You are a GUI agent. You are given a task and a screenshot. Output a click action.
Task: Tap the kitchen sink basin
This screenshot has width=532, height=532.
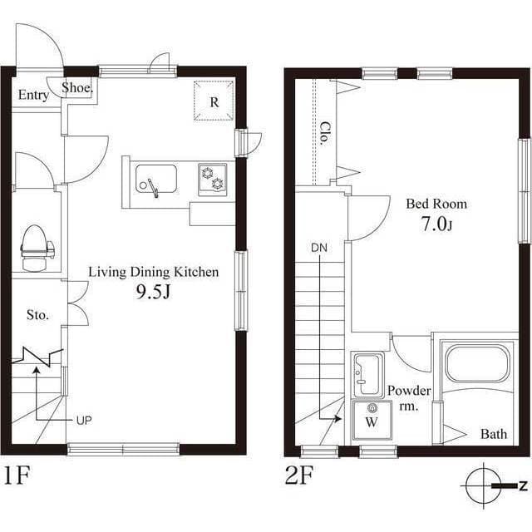pos(156,179)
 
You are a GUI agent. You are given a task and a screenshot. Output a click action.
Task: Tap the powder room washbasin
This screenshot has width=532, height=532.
pos(367,376)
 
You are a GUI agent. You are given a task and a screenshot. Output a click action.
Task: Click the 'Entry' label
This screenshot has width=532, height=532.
pos(33,96)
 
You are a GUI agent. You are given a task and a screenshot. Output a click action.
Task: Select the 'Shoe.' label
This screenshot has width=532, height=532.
pos(76,89)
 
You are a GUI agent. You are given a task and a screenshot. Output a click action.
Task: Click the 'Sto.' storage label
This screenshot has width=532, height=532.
pos(37,315)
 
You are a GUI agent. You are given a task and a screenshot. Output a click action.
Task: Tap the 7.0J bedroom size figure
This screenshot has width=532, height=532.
pos(436,224)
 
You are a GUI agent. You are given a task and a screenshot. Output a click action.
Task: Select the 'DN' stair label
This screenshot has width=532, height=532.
pos(319,247)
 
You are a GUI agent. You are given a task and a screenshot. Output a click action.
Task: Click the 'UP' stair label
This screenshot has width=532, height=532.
pos(83,421)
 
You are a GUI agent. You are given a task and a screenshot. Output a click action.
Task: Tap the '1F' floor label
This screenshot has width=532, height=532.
pos(17,476)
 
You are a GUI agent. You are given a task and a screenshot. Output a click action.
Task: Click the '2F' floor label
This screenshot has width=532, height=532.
pos(298,477)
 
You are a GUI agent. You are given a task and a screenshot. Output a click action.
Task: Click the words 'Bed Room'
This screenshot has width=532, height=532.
pos(436,204)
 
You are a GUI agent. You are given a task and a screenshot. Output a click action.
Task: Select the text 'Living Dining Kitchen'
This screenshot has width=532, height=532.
pos(153,272)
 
